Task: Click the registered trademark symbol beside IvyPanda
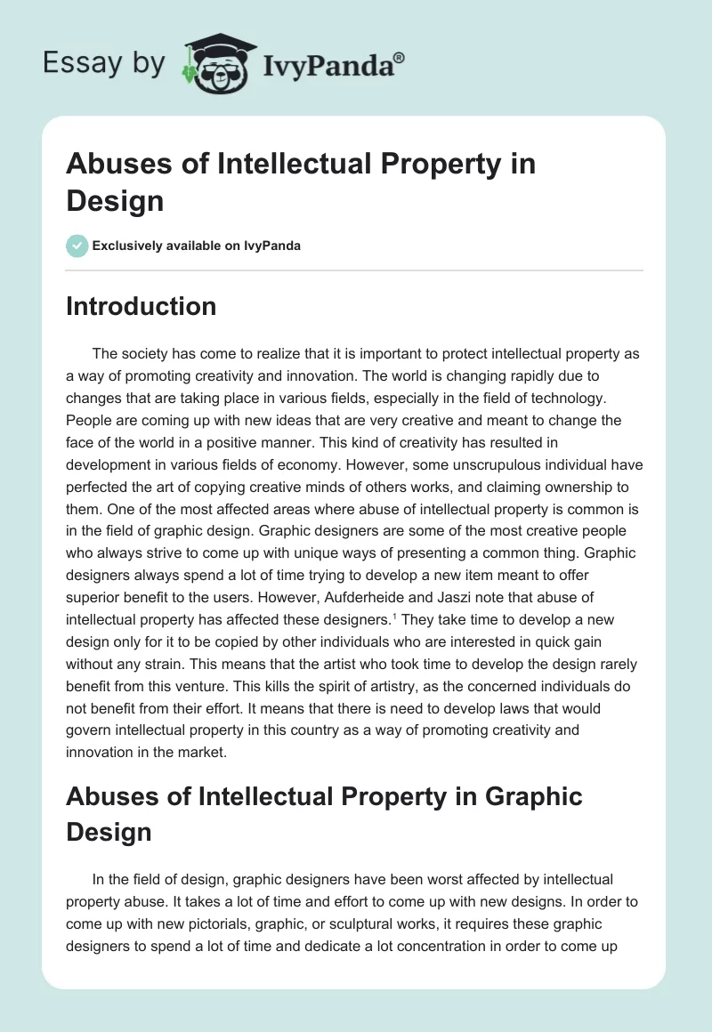click(x=400, y=57)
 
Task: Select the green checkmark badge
click(x=77, y=246)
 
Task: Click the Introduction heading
click(x=141, y=306)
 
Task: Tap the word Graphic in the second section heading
click(x=533, y=795)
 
